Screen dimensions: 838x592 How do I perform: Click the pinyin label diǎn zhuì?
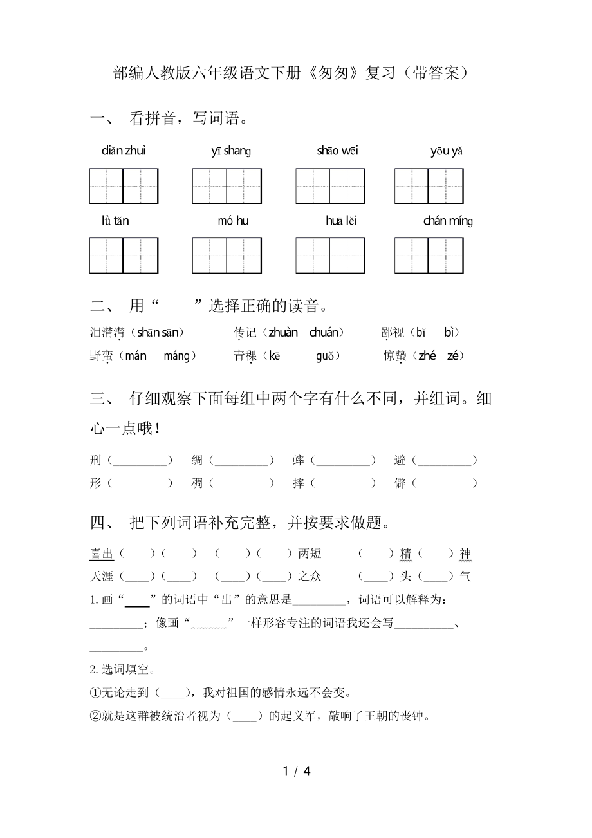(x=124, y=151)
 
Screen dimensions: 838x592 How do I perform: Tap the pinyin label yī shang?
(x=230, y=151)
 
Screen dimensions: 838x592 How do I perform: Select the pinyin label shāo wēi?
(x=337, y=151)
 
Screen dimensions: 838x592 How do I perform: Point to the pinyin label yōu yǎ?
(x=447, y=151)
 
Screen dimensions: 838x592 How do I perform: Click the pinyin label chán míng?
(x=448, y=221)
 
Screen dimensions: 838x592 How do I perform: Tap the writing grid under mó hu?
(x=227, y=256)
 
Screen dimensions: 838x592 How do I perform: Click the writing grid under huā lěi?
(x=330, y=256)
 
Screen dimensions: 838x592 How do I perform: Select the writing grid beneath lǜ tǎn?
(x=124, y=256)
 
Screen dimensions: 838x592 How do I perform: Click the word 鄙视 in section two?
(x=393, y=333)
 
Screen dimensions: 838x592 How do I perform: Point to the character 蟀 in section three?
(x=298, y=461)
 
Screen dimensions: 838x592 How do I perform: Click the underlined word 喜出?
(x=102, y=554)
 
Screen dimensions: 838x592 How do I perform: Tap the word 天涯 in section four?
(x=102, y=576)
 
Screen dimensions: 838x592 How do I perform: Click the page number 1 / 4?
(x=296, y=771)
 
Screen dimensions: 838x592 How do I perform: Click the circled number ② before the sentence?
(x=95, y=715)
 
